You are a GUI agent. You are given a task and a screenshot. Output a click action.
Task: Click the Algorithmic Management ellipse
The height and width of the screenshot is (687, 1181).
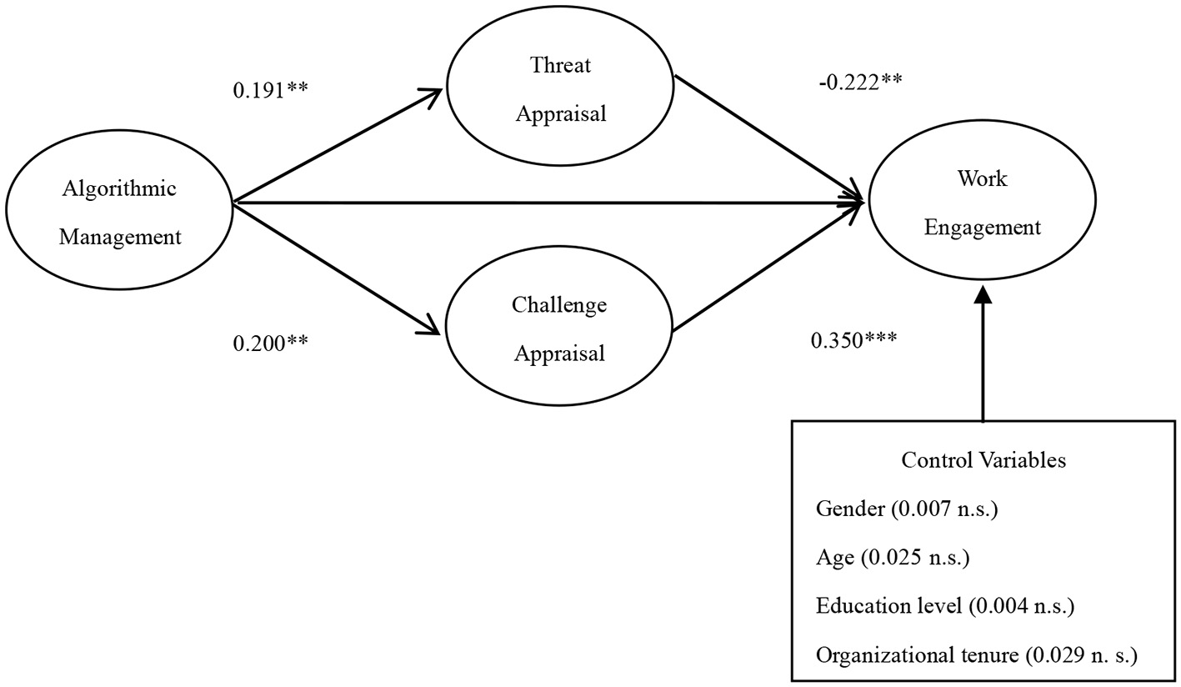119,212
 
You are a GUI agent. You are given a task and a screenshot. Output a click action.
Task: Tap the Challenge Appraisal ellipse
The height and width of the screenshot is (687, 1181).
559,328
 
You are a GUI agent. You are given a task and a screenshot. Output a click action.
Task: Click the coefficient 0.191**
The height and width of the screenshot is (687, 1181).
271,90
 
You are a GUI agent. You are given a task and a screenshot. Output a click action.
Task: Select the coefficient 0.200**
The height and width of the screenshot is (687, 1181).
271,342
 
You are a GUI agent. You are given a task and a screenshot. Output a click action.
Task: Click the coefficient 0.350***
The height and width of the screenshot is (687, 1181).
853,340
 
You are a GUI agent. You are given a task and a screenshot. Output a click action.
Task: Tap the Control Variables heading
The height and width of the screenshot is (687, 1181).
983,460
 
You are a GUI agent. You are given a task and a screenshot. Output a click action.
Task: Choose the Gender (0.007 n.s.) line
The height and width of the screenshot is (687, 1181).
906,509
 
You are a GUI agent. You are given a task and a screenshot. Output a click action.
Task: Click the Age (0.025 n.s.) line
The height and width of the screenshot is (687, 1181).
893,557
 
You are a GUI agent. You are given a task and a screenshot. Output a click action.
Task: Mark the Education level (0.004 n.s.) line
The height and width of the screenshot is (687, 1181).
945,605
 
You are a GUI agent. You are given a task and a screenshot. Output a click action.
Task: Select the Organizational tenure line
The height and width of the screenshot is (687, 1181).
976,655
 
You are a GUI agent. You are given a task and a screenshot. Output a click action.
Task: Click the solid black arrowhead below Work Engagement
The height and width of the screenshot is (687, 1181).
983,293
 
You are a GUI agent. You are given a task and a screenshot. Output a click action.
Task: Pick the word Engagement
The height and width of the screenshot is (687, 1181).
983,227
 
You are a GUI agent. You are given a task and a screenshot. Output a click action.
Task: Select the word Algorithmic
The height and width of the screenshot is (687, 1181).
119,188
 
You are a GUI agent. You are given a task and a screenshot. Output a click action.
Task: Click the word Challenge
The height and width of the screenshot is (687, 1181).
559,305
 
